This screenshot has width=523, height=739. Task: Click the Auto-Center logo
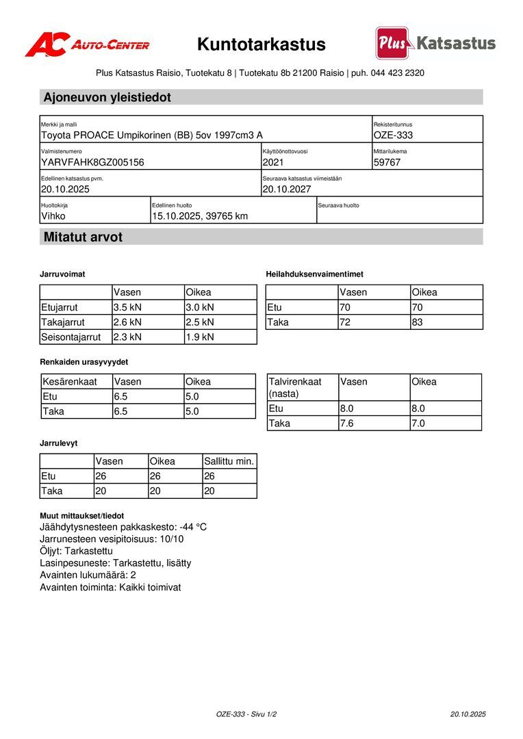pos(87,45)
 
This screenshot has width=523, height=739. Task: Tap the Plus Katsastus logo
pos(435,43)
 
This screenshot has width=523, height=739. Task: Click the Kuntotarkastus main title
pos(261,45)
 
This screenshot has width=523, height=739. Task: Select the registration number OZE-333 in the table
pos(393,135)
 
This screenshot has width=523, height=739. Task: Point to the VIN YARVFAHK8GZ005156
pos(92,162)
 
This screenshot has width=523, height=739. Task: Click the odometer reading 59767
pos(387,162)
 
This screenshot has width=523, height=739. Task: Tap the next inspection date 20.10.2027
pos(288,189)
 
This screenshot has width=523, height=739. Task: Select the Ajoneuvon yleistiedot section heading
pos(107,97)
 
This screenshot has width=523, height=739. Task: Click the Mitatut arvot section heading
pos(83,237)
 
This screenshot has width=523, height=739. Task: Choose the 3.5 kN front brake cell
pos(128,307)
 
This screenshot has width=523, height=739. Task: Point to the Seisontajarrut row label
pos(71,337)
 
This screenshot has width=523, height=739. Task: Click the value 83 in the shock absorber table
pos(418,322)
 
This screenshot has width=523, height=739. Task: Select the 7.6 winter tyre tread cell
pos(350,424)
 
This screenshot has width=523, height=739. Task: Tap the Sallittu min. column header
pos(229,461)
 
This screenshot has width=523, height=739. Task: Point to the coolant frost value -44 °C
pos(193,527)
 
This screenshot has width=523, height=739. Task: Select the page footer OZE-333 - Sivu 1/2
pos(246,714)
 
